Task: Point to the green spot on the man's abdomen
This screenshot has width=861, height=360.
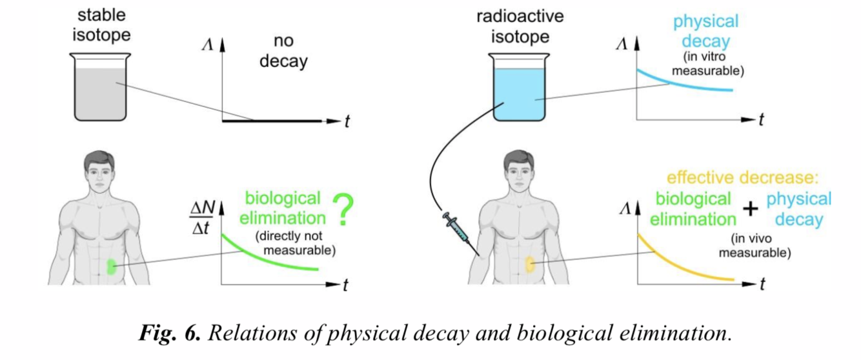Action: (x=111, y=265)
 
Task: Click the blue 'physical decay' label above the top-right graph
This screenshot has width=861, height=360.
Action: (x=705, y=32)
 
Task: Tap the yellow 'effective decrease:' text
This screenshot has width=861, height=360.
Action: (x=740, y=177)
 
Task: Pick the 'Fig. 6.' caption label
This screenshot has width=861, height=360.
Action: (x=169, y=334)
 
